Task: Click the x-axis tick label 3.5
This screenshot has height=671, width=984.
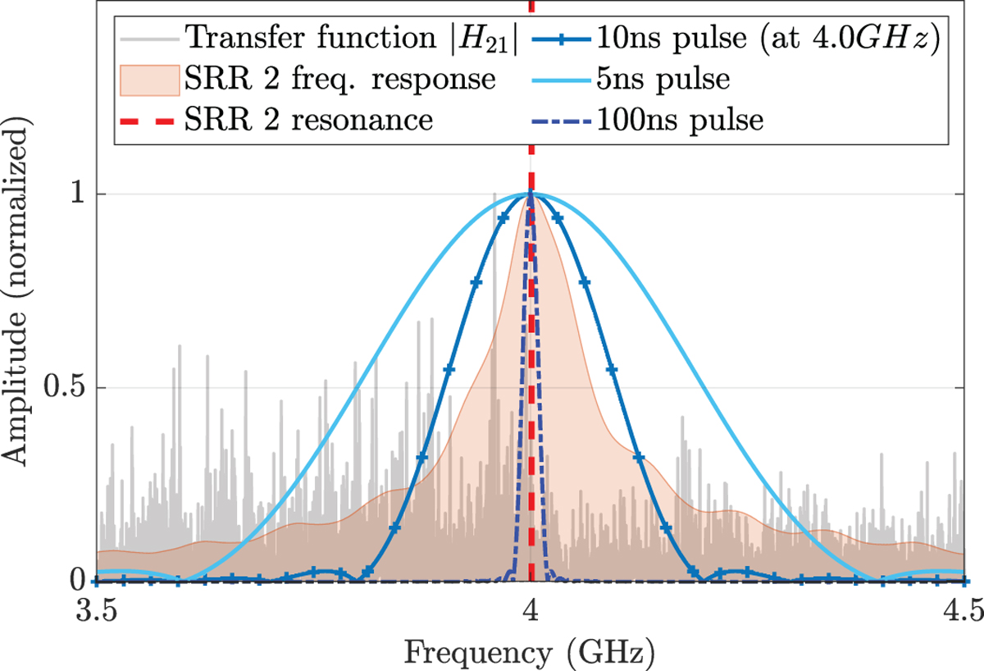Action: click(97, 611)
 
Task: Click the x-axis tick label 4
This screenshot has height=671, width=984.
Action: click(531, 611)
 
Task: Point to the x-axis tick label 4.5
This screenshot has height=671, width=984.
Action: click(964, 611)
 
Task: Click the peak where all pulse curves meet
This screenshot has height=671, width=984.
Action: click(531, 194)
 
